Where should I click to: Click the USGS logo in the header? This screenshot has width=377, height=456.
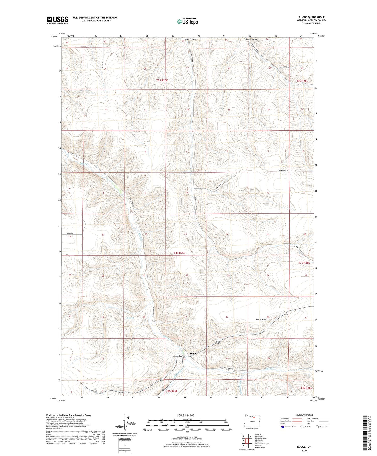[x=57, y=20]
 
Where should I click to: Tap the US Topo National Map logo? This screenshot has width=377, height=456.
[x=187, y=21]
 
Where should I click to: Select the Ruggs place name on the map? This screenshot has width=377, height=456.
[x=193, y=353]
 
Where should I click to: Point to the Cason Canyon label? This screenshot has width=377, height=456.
[x=179, y=356]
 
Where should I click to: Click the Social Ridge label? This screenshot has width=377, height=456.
[x=261, y=319]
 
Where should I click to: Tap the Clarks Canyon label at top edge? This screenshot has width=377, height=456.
[x=190, y=39]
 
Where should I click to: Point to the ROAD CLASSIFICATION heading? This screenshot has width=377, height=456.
[x=304, y=415]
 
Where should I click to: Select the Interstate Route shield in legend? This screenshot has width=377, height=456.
[x=283, y=427]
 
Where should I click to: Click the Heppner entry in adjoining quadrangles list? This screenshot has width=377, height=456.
[x=258, y=442]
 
